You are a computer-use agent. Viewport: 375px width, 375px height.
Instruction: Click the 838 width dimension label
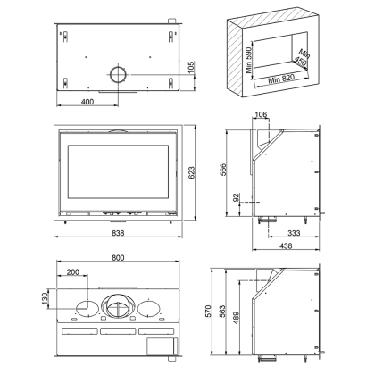pos(118,233)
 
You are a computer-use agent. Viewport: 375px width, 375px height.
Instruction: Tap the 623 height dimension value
pos(192,172)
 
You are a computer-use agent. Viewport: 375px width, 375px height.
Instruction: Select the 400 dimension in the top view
pos(87,102)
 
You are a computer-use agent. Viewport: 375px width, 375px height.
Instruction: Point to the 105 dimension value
pos(191,67)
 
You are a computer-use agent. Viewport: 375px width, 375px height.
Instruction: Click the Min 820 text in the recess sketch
pos(281,79)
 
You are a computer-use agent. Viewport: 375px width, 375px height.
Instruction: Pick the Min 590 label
pos(249,60)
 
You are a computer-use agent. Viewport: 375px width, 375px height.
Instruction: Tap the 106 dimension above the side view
pos(261,114)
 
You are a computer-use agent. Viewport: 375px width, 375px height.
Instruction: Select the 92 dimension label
pos(236,197)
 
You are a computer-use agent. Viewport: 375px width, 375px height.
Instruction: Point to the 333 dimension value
pos(294,233)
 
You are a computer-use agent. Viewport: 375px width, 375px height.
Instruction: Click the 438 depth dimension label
pos(286,246)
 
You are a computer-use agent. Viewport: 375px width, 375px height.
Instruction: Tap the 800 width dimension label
pos(118,258)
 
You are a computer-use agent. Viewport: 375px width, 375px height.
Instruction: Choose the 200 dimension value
pos(73,272)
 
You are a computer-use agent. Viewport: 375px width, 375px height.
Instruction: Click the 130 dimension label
pos(45,298)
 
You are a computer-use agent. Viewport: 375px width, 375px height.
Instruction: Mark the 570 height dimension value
pos(208,311)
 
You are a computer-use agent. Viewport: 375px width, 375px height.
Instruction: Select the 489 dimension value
pos(236,318)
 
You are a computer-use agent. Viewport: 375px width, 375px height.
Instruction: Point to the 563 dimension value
pos(222,311)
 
